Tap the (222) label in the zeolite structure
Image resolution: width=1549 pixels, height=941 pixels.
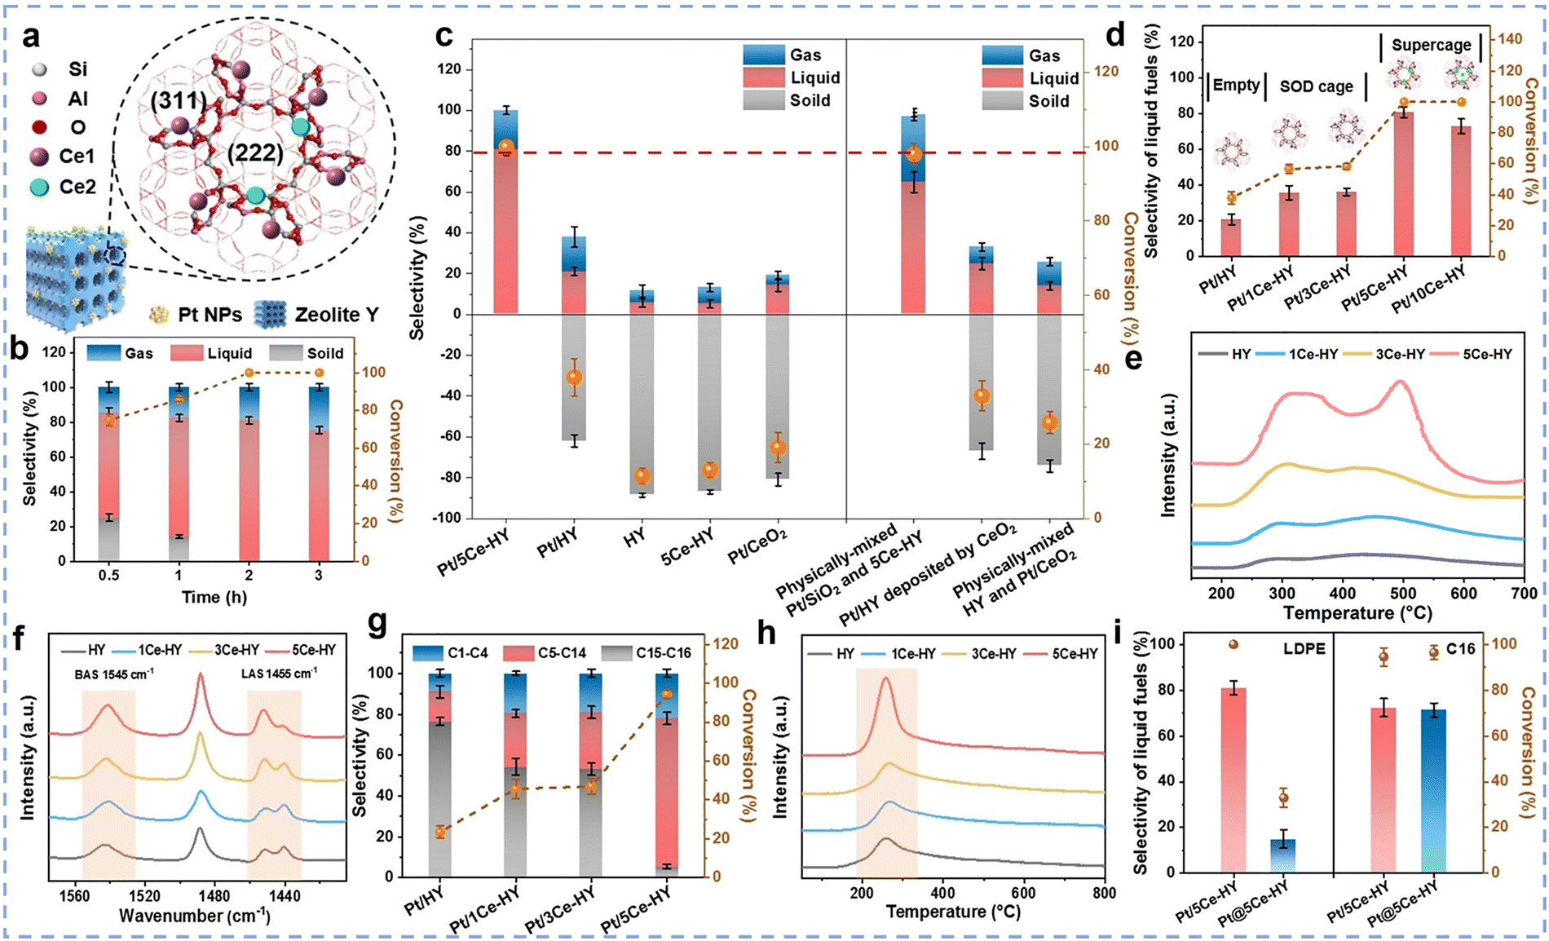255,152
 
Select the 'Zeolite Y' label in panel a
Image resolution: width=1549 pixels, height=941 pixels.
337,314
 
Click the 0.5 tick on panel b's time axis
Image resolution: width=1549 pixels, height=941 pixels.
108,575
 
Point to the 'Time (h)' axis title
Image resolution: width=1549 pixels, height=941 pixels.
214,597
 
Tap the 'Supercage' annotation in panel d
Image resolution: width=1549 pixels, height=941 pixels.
1431,45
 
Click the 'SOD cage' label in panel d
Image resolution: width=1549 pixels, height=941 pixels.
1316,86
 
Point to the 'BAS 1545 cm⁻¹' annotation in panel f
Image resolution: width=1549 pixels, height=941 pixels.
109,674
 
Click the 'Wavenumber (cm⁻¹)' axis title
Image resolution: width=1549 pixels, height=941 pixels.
194,916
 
